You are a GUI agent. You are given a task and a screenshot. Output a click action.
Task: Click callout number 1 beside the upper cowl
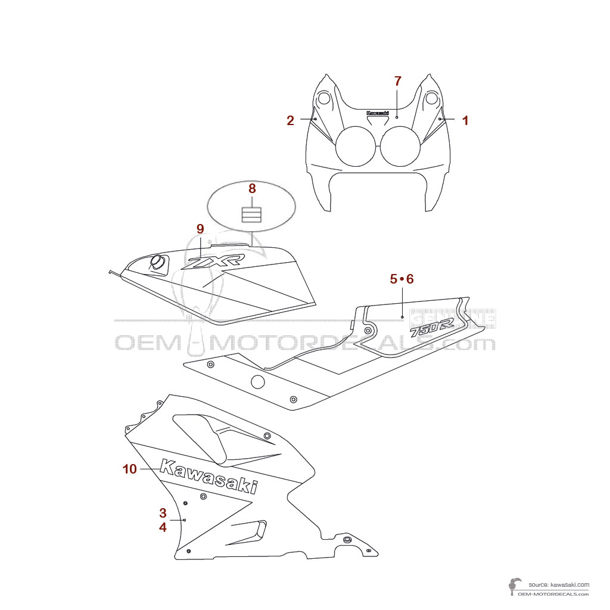click(x=465, y=120)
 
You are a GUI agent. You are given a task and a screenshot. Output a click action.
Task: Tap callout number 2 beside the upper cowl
click(x=290, y=121)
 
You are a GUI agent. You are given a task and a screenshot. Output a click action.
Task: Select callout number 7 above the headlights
click(x=398, y=81)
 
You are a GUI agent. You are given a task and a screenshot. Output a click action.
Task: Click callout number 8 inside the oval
click(x=252, y=188)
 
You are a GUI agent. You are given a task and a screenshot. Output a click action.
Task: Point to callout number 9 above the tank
click(x=200, y=228)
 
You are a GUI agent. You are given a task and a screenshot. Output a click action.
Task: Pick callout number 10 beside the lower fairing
click(x=130, y=469)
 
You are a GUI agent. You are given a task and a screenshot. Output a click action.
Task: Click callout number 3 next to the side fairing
click(x=163, y=512)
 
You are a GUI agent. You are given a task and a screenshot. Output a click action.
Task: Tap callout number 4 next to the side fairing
click(x=163, y=527)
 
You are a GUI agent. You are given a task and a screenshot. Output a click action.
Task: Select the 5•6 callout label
click(x=402, y=278)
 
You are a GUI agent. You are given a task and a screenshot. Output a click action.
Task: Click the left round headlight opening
click(x=356, y=147)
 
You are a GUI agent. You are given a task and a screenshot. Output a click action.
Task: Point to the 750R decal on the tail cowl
click(x=432, y=328)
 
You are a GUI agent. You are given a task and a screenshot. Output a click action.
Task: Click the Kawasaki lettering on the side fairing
click(x=209, y=477)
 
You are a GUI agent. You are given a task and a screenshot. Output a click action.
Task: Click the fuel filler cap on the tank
click(x=158, y=262)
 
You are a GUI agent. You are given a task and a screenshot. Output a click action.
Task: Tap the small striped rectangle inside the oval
click(x=251, y=214)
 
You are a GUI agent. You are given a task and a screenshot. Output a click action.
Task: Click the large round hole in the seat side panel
click(x=257, y=382)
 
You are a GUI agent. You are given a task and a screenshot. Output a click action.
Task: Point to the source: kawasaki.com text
click(x=558, y=585)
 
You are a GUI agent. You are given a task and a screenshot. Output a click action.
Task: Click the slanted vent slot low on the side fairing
click(x=245, y=532)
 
